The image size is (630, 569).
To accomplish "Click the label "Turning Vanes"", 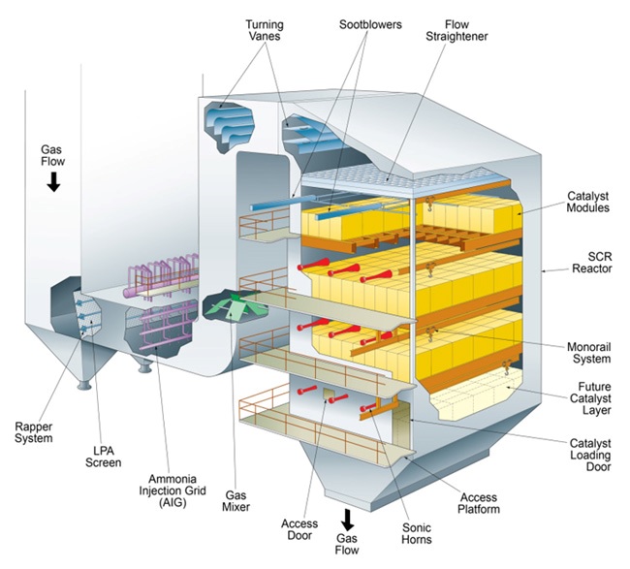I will (237, 29).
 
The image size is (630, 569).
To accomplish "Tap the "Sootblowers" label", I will (367, 22).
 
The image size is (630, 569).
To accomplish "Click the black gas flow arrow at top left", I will (52, 180).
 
